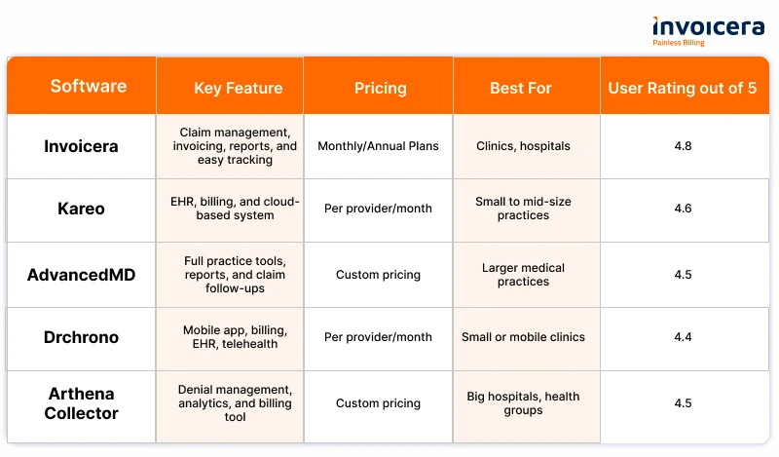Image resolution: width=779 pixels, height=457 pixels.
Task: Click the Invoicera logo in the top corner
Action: [708, 31]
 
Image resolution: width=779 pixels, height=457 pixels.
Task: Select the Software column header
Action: [89, 86]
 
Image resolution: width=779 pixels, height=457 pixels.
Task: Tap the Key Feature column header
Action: [238, 88]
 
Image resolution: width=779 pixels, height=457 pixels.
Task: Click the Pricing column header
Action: [380, 88]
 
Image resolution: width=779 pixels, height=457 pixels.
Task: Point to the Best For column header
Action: [521, 88]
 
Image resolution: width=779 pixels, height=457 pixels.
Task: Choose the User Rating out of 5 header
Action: [683, 88]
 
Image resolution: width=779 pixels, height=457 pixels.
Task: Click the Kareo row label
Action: [81, 209]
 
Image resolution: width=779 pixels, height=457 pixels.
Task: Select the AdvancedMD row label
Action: [81, 275]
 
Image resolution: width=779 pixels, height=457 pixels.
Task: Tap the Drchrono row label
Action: [81, 337]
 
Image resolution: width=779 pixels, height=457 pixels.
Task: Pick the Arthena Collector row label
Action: [81, 403]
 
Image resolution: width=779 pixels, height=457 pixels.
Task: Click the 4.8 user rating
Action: [683, 146]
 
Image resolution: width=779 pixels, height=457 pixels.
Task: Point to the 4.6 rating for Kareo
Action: [683, 208]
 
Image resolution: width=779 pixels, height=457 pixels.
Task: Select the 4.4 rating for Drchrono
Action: [683, 336]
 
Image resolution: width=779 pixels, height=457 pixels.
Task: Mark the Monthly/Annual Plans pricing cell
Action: [378, 146]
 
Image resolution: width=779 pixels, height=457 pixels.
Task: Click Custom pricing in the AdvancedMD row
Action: [378, 275]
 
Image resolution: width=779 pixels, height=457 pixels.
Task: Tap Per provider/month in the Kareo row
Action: [378, 209]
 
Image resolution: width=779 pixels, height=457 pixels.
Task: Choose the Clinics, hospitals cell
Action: [523, 146]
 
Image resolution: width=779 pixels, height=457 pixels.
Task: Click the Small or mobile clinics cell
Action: [523, 336]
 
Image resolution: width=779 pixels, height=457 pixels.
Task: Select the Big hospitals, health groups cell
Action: [523, 403]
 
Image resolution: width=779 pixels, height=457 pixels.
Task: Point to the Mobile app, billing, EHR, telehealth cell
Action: [235, 336]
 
